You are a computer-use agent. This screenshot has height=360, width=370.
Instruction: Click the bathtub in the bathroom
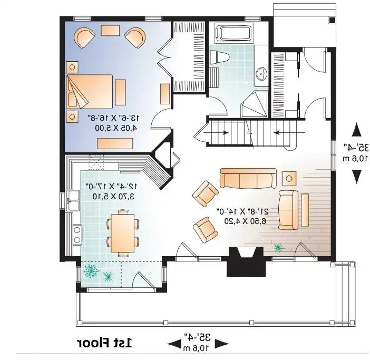(x=235, y=33)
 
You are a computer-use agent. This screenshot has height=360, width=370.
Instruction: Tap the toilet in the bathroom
(x=219, y=57)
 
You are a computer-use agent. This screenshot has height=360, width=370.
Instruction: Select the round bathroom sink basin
(x=261, y=73)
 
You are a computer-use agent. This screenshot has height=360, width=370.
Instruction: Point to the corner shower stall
(x=255, y=104)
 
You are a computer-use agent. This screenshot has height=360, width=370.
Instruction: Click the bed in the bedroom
(x=90, y=92)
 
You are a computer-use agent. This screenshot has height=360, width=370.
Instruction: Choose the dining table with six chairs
(x=123, y=233)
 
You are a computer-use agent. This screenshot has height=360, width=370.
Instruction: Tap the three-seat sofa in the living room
(x=248, y=178)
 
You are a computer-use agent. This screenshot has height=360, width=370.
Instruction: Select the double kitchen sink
(x=73, y=200)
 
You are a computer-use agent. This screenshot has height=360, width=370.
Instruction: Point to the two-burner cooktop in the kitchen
(x=77, y=235)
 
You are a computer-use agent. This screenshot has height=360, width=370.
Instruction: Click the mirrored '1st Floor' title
(x=104, y=343)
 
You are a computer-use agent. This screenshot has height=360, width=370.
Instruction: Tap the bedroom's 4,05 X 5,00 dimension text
(x=116, y=128)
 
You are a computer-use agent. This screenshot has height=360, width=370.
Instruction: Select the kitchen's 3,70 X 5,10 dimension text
(x=113, y=196)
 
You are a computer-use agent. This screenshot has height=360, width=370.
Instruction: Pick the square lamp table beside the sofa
(x=289, y=178)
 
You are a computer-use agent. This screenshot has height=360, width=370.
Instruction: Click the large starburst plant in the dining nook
(x=92, y=271)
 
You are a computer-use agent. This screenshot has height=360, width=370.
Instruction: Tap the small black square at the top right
(x=332, y=20)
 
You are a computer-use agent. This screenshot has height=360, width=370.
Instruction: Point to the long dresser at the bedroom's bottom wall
(x=115, y=143)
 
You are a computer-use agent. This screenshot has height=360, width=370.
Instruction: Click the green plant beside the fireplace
(x=278, y=248)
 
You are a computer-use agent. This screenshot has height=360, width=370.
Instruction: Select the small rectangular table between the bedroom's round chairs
(x=110, y=31)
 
